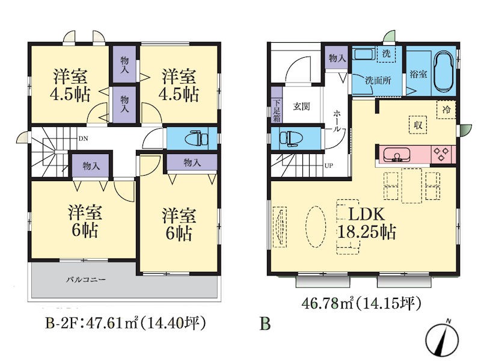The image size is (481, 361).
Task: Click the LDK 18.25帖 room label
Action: (x=367, y=223)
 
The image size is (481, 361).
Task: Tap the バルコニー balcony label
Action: (x=86, y=280)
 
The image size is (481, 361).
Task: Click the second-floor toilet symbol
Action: (x=197, y=138)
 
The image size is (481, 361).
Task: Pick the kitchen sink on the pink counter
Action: (x=397, y=155)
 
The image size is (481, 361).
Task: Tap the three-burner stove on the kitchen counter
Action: (x=442, y=155)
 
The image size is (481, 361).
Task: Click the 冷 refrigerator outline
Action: (x=446, y=110)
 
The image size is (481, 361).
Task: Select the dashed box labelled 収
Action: (x=418, y=125)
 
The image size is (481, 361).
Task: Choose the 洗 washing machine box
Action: (x=386, y=54)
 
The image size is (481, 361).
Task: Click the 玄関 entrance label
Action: (x=301, y=106)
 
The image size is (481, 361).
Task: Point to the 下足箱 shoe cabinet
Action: (x=277, y=110)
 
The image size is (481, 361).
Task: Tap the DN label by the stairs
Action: (x=83, y=138)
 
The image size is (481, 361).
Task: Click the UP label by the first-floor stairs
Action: (x=328, y=166)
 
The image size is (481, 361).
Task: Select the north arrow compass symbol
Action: (x=443, y=339)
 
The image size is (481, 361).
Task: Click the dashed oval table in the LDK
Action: (x=315, y=227)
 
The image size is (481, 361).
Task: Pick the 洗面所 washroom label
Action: (x=378, y=81)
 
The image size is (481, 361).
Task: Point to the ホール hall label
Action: (x=337, y=121)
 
